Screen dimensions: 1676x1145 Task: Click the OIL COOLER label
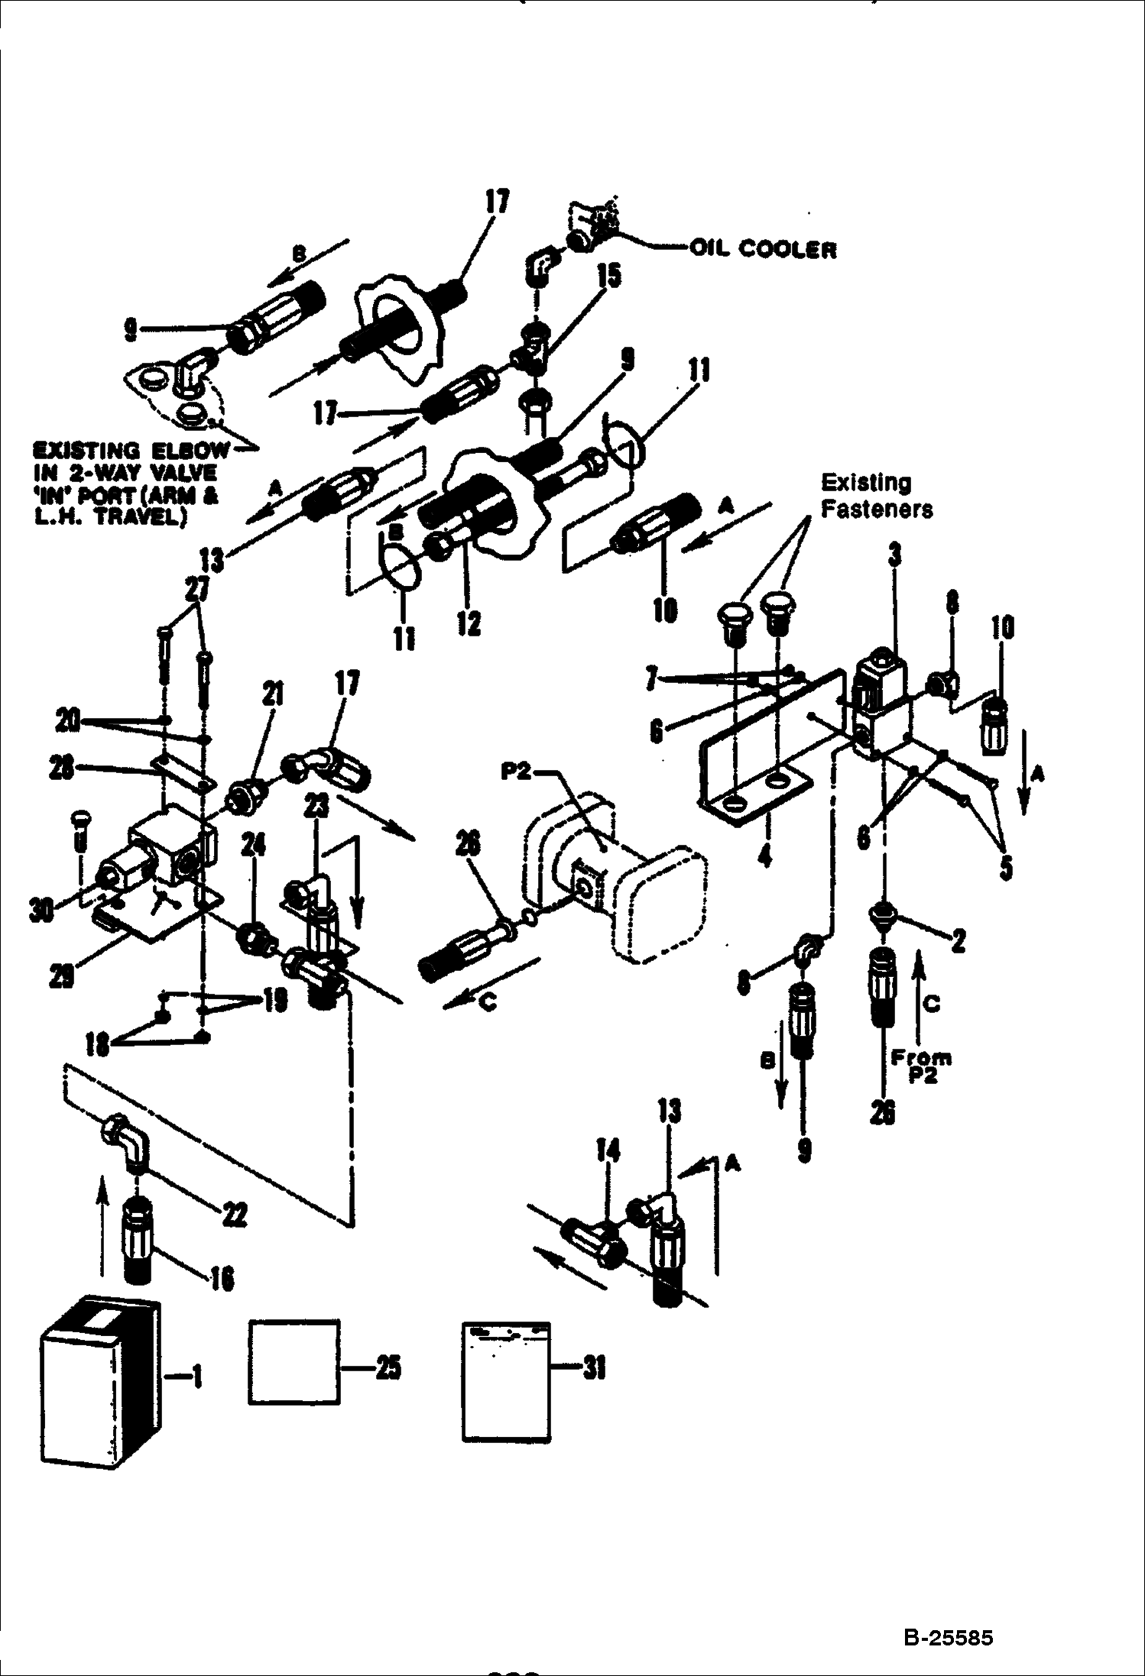click(x=762, y=249)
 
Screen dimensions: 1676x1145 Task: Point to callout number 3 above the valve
click(x=894, y=555)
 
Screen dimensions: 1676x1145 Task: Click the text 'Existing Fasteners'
click(x=877, y=496)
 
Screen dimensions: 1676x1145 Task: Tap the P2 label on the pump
click(x=517, y=772)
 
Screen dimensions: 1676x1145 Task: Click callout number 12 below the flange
click(x=469, y=623)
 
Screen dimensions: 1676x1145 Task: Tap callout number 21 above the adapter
click(x=273, y=694)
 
